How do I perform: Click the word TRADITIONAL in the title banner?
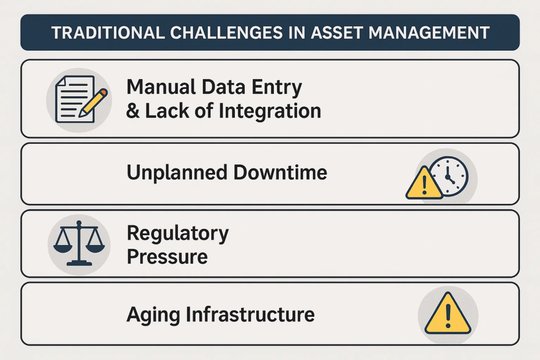(108, 33)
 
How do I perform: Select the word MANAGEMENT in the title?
(429, 33)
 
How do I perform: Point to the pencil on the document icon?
(93, 103)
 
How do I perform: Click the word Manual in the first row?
(162, 87)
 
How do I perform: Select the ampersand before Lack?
(133, 111)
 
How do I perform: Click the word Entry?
(277, 87)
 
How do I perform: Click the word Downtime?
(281, 172)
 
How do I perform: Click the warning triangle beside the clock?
(425, 184)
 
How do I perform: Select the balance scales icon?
(79, 243)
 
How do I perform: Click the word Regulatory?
(178, 234)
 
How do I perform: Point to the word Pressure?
(167, 257)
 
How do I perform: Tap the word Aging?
(153, 315)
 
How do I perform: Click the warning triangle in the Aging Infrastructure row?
(448, 314)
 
